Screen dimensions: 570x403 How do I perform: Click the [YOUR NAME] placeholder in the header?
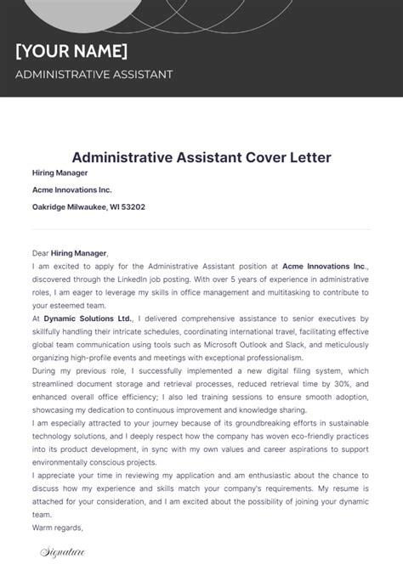click(x=71, y=49)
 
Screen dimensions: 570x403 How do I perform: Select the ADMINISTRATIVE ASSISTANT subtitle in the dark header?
click(x=94, y=74)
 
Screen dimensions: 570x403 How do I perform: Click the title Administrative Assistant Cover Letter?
click(x=201, y=157)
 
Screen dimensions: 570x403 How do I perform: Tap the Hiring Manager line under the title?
click(x=60, y=172)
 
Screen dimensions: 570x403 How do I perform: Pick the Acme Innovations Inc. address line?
click(x=71, y=189)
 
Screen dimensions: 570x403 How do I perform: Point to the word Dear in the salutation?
click(x=42, y=252)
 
